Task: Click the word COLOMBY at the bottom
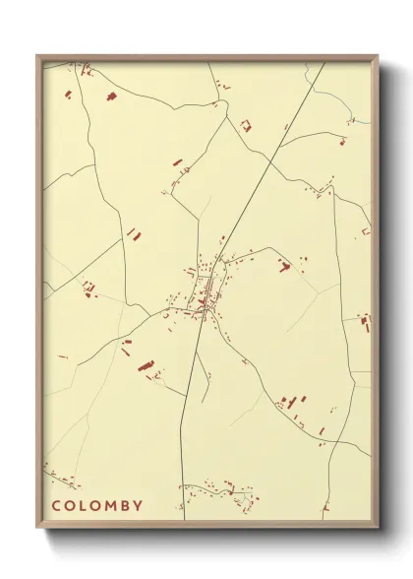(97, 506)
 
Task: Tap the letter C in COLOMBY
(57, 506)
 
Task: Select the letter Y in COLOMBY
(139, 506)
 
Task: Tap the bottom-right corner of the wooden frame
(378, 527)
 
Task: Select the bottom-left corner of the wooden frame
(37, 527)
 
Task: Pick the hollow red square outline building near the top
(246, 125)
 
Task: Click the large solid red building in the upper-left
(110, 96)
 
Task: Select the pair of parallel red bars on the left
(133, 233)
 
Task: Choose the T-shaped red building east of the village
(284, 266)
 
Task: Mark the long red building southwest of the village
(147, 366)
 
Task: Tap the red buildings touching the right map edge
(367, 322)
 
